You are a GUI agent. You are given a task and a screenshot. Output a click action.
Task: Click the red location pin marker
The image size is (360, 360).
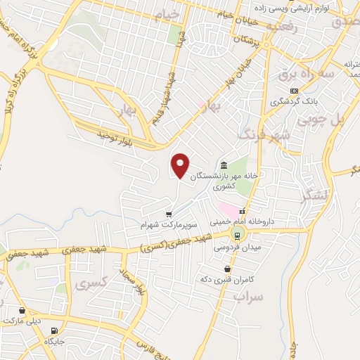pyautogui.click(x=181, y=165)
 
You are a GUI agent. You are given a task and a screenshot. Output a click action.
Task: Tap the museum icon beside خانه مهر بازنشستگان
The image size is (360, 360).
pyautogui.click(x=224, y=164)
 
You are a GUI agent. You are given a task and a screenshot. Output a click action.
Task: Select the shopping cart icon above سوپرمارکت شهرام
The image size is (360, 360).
pyautogui.click(x=169, y=214)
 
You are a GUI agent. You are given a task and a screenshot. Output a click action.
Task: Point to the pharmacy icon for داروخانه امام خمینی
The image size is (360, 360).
pyautogui.click(x=242, y=211)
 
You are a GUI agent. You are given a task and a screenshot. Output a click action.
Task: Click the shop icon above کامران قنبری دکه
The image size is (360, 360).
pyautogui.click(x=226, y=269)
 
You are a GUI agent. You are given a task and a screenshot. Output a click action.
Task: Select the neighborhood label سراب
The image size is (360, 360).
pyautogui.click(x=247, y=297)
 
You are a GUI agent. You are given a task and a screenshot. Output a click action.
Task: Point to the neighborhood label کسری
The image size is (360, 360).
pyautogui.click(x=91, y=284)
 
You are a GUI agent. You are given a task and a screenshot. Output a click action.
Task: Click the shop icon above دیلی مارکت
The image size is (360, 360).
pyautogui.click(x=22, y=310)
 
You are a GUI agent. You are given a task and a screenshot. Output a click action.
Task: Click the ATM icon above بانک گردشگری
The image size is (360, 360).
pyautogui.click(x=294, y=91)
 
